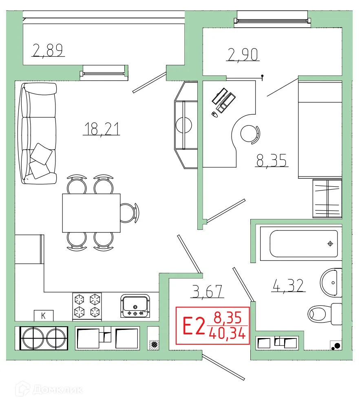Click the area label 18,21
tap(102, 129)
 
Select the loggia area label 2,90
tap(243, 54)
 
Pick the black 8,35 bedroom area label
tap(272, 160)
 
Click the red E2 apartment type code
tap(193, 326)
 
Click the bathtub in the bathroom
tap(304, 244)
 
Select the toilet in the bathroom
tap(324, 314)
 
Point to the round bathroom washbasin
tap(331, 282)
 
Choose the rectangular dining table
tap(91, 213)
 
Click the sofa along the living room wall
tap(38, 133)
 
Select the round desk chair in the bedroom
tap(249, 133)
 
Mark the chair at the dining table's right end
tap(130, 212)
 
